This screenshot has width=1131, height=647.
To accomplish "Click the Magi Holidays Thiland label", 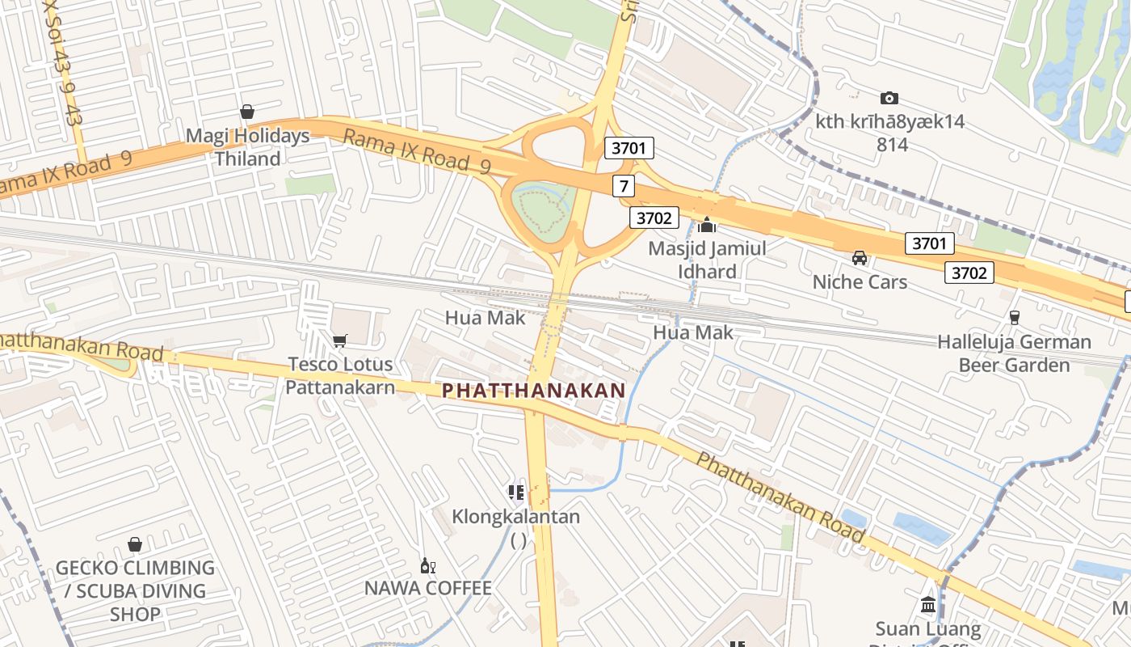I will [247, 147].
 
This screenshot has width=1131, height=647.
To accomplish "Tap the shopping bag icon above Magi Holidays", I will [247, 112].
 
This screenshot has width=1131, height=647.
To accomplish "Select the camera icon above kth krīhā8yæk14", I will [889, 98].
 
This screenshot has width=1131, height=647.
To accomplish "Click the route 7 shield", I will [622, 186].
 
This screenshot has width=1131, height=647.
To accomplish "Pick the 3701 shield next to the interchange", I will [629, 148].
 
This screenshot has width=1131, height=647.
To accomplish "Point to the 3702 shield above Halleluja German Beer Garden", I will [969, 273].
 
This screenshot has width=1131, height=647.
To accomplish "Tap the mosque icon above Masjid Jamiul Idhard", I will [708, 225].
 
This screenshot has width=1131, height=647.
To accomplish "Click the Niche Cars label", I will [860, 282].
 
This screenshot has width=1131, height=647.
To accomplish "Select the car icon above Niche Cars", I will [860, 258].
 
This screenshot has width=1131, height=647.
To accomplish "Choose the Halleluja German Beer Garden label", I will [1014, 353].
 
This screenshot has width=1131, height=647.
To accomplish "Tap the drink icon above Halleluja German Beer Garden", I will [1015, 318].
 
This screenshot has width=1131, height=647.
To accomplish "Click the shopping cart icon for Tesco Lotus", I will [339, 340].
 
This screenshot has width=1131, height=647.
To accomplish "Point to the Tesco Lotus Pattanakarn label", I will [340, 375].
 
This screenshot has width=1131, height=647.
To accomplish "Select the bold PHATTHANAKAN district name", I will [533, 390].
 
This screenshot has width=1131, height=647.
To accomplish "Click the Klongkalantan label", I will [515, 516].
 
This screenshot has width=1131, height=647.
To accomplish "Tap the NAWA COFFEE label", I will [427, 588].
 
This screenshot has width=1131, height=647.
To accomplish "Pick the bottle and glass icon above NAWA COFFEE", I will [427, 565].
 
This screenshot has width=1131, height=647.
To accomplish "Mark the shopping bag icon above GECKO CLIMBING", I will [135, 545].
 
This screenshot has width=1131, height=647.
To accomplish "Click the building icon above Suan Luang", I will [928, 605].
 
